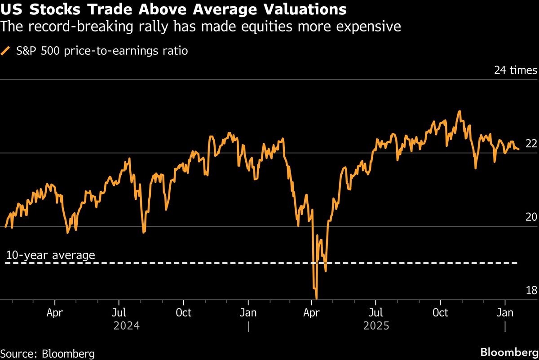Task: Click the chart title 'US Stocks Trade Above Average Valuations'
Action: tap(173, 9)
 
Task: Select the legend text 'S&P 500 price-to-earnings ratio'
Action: tap(102, 51)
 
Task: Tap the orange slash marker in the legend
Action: tap(6, 51)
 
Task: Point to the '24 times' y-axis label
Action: tap(515, 70)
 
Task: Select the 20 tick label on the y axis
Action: tap(531, 217)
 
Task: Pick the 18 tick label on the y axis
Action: tap(531, 290)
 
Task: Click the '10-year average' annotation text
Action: tap(50, 255)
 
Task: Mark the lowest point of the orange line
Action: tap(317, 298)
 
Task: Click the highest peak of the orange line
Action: tap(459, 111)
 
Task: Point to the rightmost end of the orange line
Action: tap(519, 149)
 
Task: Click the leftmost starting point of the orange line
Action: tap(5, 227)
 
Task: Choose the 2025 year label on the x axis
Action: tap(376, 325)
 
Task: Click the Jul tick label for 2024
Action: tap(119, 312)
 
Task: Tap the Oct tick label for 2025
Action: tap(440, 312)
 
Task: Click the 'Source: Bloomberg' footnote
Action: tap(48, 353)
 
